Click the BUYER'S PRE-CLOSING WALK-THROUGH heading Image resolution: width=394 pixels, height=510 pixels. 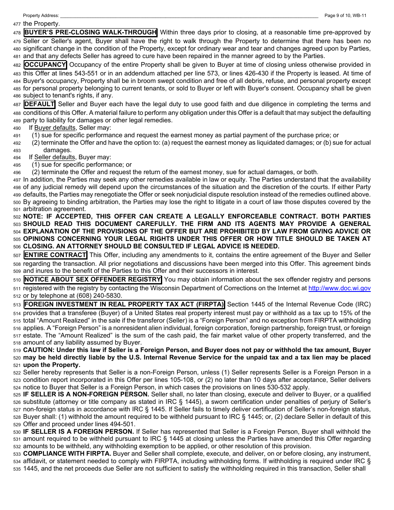[x=90, y=32]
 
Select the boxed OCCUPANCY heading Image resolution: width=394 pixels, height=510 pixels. [x=45, y=65]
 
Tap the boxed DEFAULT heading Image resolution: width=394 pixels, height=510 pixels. [x=39, y=104]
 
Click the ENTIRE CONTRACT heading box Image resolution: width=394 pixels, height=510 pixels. [x=55, y=255]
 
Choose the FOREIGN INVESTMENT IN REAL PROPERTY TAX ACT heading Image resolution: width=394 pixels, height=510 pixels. [x=124, y=304]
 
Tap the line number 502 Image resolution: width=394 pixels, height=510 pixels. [x=17, y=217]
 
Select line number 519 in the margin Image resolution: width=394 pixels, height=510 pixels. [x=17, y=350]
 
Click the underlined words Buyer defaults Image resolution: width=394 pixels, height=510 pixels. [x=55, y=128]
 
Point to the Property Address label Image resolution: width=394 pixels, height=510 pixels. [x=41, y=15]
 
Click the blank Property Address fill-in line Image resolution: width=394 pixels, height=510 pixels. [x=189, y=16]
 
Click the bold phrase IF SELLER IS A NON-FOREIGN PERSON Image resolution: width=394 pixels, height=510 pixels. [x=86, y=394]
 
